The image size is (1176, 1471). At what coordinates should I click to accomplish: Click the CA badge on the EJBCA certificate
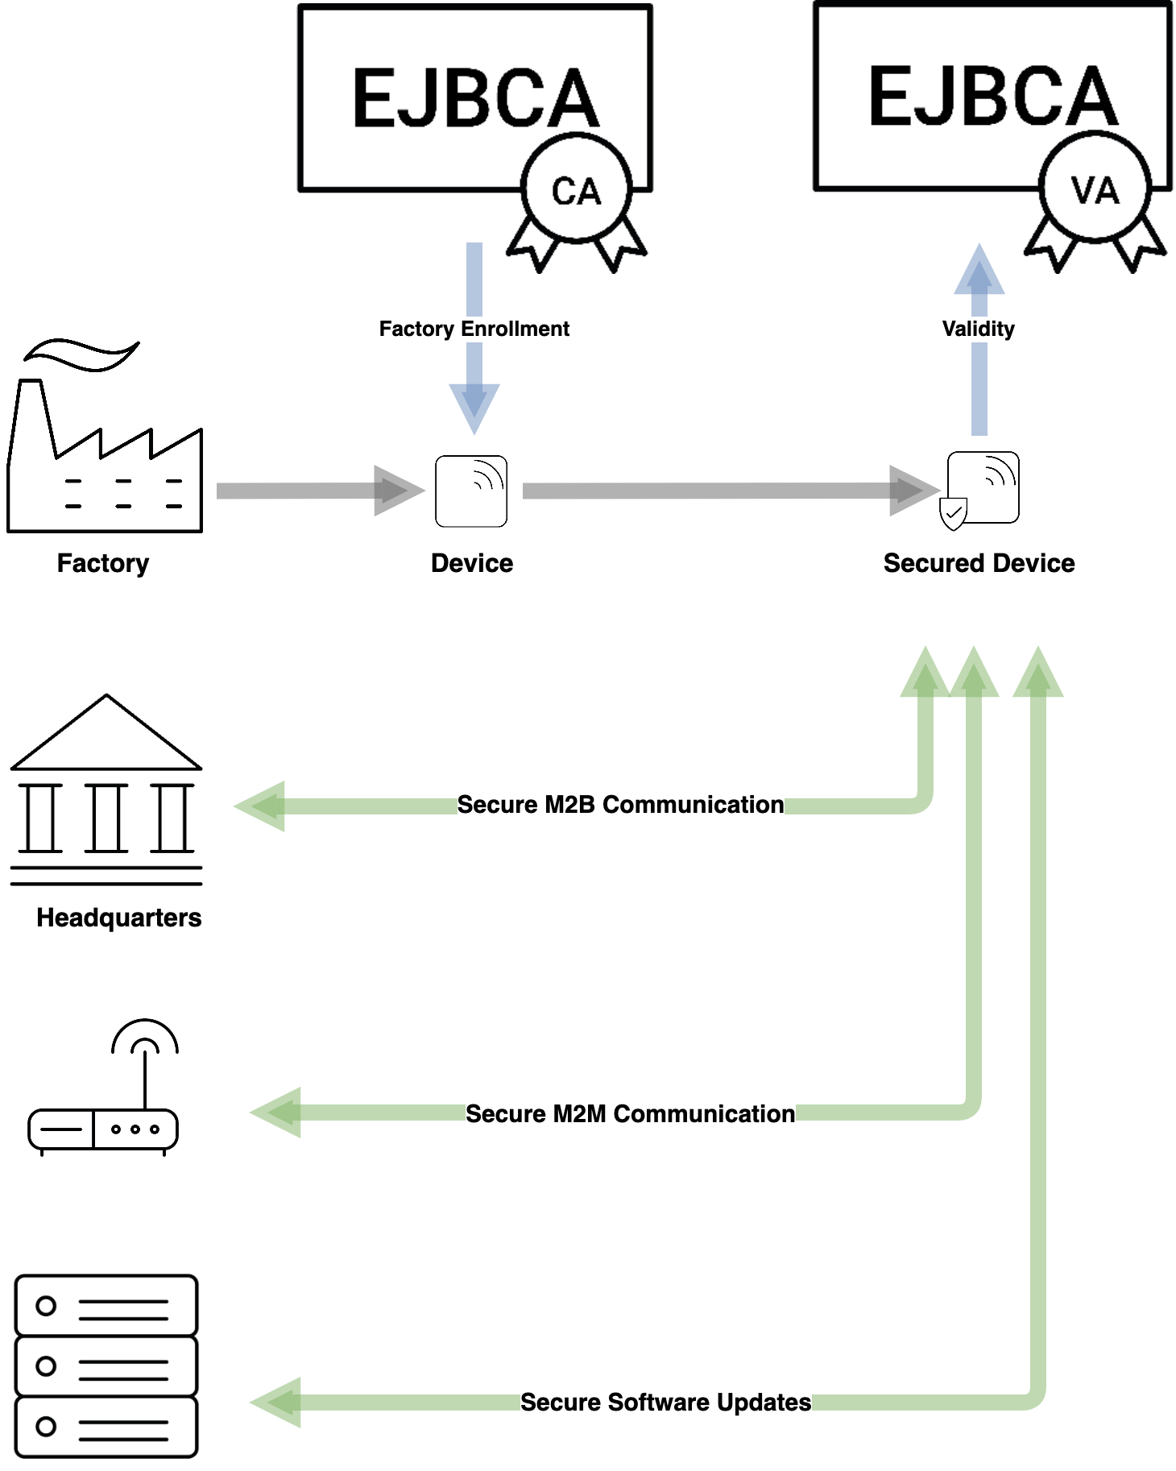tap(576, 189)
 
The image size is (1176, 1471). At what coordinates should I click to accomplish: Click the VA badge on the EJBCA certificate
tap(1094, 189)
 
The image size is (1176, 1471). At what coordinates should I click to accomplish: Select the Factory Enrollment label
tap(474, 329)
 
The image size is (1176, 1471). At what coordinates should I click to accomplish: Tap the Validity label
tap(978, 329)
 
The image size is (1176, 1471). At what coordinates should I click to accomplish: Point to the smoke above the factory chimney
tap(81, 354)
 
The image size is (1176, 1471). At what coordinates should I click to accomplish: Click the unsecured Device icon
tap(471, 491)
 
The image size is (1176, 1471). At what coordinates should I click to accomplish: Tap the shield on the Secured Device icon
tap(953, 513)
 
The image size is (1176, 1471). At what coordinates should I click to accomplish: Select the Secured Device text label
tap(979, 563)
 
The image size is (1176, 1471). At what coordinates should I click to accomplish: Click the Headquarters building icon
tap(106, 789)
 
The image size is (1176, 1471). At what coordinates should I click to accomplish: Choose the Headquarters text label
tap(119, 918)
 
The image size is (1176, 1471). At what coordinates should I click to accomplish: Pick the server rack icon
tap(106, 1366)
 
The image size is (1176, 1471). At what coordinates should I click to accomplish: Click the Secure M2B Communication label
tap(620, 805)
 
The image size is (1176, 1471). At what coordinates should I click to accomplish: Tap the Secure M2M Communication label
tap(630, 1114)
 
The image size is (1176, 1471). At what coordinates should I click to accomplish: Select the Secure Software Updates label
tap(665, 1403)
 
